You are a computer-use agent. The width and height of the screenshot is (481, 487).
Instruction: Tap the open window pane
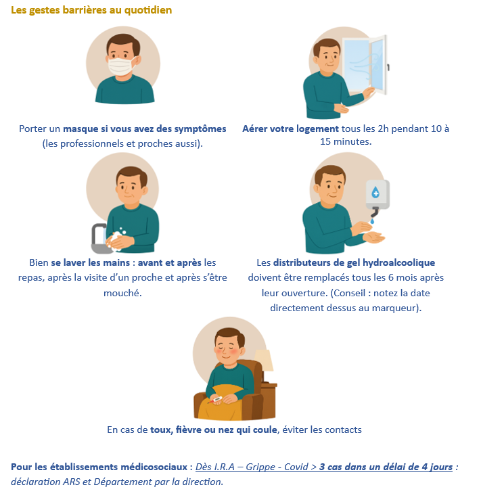[378, 64]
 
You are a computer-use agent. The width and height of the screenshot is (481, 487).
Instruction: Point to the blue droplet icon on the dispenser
[375, 192]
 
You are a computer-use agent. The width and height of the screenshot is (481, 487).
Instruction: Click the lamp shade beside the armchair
[264, 361]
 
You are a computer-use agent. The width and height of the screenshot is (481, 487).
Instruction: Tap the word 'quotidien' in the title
[148, 10]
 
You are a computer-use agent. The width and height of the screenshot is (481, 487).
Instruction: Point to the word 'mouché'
[122, 293]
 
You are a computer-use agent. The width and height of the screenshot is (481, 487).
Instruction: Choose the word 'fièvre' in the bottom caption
[188, 430]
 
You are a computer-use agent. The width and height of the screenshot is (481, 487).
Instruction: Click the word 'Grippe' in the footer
[260, 467]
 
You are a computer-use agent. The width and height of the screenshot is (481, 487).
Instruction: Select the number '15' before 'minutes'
[325, 141]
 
